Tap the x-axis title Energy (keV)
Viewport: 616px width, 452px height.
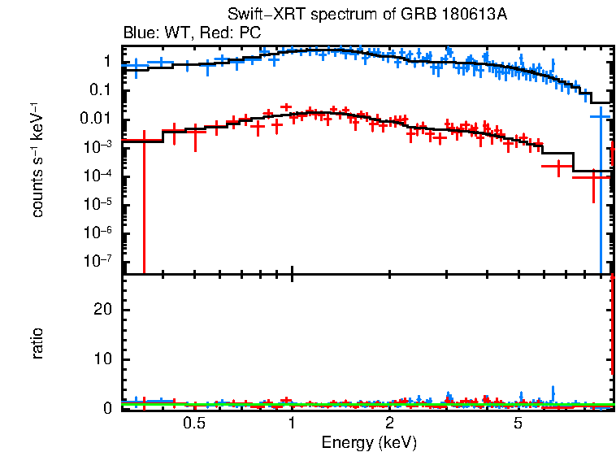369,442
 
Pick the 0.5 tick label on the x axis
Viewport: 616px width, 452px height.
193,424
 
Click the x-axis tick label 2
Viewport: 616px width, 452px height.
390,424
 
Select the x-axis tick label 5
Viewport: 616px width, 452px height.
518,424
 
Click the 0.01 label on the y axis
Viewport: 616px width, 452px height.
97,120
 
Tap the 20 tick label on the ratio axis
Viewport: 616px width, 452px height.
103,310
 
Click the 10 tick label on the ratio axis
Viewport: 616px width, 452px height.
103,359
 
